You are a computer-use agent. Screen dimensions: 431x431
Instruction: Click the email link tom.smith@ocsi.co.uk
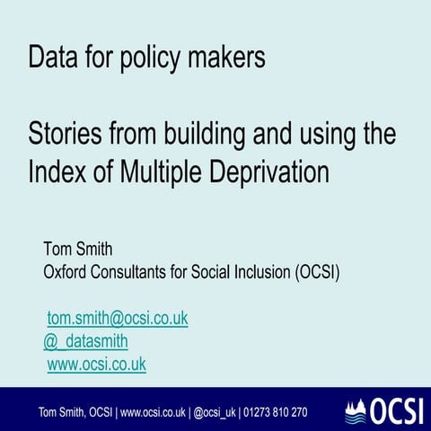[x=118, y=319]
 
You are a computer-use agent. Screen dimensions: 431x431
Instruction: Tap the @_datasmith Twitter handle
[x=85, y=341]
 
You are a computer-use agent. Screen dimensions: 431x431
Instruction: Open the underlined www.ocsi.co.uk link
[x=96, y=364]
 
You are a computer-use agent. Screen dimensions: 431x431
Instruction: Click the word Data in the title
[x=50, y=59]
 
